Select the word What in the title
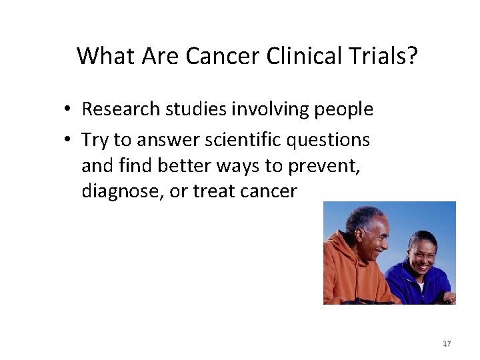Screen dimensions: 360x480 tap(105, 56)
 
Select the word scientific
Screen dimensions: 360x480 tap(236, 140)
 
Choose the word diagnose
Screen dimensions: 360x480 tap(121, 191)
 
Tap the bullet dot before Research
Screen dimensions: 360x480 tap(69, 110)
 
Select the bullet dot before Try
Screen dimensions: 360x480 tap(69, 141)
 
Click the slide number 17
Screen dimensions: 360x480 tap(447, 344)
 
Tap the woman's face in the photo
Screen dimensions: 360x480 tap(423, 253)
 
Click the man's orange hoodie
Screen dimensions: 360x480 tap(350, 277)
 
